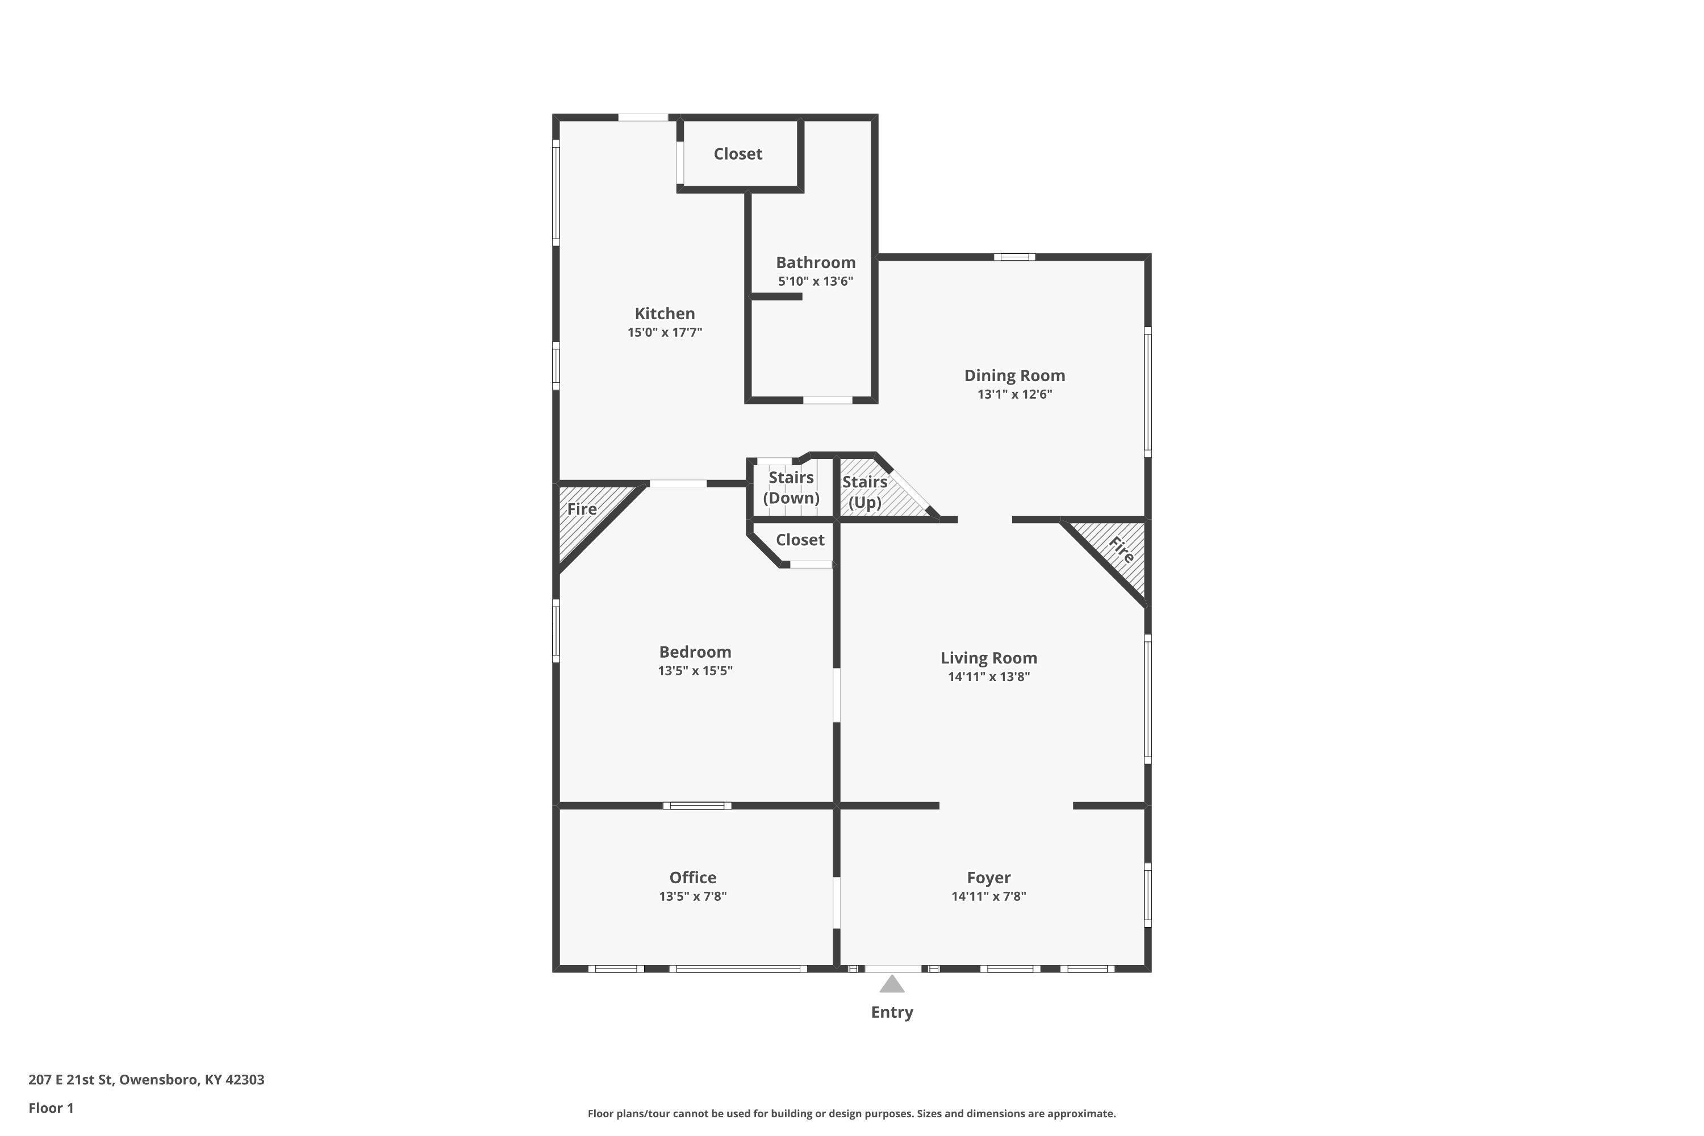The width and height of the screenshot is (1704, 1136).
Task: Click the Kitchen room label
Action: point(665,314)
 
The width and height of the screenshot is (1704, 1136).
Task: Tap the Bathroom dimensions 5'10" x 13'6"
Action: point(816,281)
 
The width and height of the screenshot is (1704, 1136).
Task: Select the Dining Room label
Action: point(1014,375)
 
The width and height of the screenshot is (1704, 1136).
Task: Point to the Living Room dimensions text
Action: point(989,676)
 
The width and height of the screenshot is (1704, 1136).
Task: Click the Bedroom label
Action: point(695,651)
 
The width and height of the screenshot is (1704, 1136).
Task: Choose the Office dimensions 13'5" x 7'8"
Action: point(692,896)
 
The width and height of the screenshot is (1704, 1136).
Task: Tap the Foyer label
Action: point(988,878)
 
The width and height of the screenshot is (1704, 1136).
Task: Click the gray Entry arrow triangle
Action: point(892,984)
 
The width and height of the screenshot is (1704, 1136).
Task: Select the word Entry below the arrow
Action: point(892,1012)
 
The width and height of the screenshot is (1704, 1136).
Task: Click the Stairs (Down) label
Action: point(791,487)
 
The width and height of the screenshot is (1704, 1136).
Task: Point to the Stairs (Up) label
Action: point(864,492)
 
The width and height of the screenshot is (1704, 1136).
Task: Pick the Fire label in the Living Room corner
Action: point(1121,550)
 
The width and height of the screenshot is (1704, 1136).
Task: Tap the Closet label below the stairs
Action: point(800,540)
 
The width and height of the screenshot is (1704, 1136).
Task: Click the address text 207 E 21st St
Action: point(70,1080)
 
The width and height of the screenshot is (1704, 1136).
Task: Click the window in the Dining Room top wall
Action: point(1014,257)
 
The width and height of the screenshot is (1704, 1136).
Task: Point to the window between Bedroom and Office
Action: point(697,805)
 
